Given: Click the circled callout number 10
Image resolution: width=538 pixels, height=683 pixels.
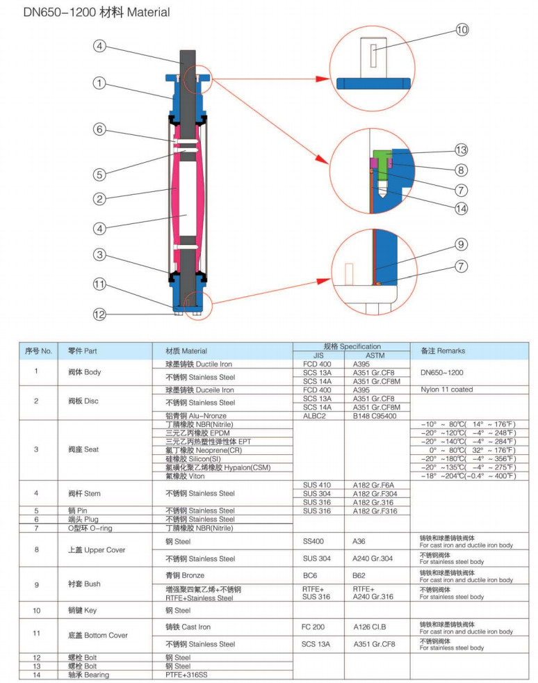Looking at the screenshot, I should click(463, 29).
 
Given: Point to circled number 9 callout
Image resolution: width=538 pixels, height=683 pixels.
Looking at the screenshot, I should click(462, 245).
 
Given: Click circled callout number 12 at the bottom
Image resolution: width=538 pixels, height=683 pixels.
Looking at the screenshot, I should click(100, 315).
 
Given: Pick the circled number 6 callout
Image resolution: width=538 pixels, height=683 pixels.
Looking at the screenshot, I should click(100, 129).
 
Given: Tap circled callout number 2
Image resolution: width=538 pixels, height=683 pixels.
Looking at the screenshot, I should click(100, 199).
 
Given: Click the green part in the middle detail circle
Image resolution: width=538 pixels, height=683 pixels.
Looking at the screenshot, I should click(382, 156).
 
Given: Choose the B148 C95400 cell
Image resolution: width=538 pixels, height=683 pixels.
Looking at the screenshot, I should click(375, 415).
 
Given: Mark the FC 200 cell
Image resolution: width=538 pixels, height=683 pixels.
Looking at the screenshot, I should click(313, 627).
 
